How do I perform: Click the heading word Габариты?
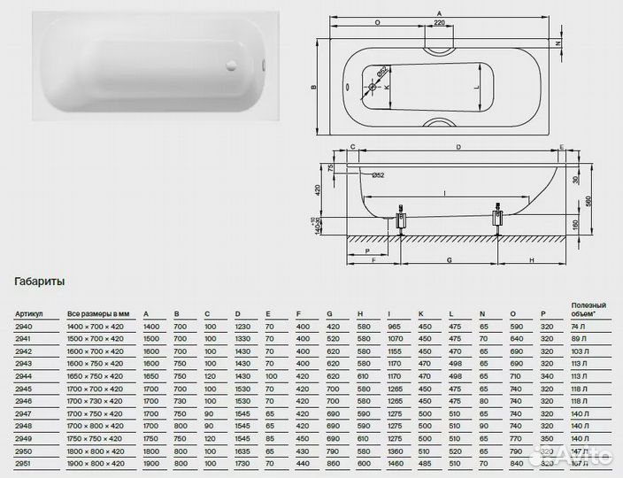coord(39,281)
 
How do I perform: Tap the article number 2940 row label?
coord(23,327)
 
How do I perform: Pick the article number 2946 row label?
coord(23,400)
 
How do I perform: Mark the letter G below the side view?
coord(450,260)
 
